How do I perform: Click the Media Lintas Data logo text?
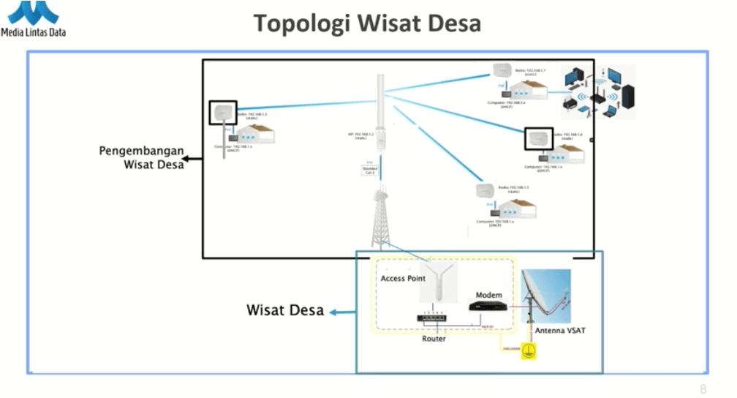34,31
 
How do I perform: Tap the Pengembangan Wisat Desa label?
142,157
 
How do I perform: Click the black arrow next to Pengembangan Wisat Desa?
193,158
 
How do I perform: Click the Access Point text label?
403,279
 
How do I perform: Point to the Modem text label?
489,295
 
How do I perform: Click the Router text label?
434,339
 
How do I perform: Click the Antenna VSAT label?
560,331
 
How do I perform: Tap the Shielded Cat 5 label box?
370,170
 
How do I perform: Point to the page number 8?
703,389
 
